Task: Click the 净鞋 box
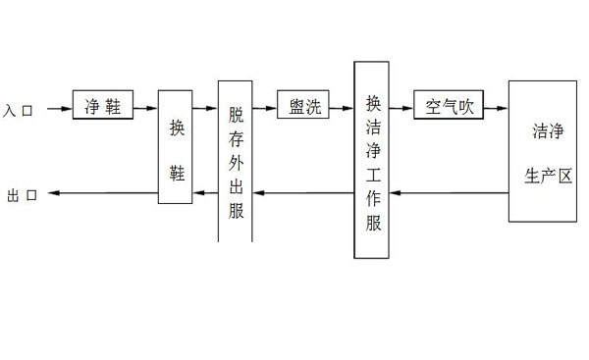[103, 106]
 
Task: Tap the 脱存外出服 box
[236, 161]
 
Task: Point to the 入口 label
[20, 110]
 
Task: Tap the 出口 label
[22, 195]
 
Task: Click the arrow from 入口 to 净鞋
[57, 108]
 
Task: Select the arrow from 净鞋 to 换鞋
[145, 108]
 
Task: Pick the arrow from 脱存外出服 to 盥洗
[264, 108]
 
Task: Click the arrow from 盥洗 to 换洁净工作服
[342, 108]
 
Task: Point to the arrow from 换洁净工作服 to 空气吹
[402, 108]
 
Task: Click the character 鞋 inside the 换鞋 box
[176, 171]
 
